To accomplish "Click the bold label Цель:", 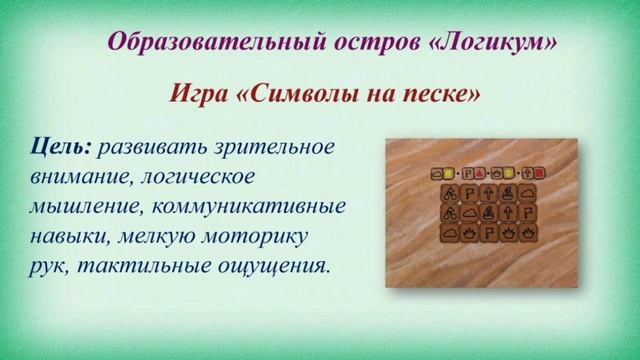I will point(61,147).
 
